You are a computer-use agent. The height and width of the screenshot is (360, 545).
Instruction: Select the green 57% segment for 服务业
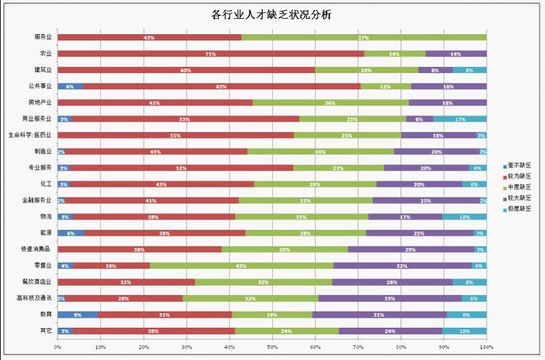[x=364, y=37]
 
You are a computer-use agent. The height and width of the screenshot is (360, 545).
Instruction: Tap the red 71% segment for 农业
[x=211, y=54]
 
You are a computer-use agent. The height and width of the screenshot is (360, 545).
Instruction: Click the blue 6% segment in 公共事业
[x=70, y=86]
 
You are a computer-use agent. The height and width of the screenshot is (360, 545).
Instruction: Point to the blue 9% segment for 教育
[x=78, y=314]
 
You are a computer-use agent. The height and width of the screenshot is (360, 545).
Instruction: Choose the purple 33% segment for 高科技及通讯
[x=390, y=298]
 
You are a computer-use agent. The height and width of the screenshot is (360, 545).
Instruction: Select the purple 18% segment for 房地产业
[x=447, y=103]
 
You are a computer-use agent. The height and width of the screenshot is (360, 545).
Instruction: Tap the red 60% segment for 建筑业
[x=186, y=70]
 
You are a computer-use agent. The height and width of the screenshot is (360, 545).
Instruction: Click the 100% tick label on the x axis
[x=485, y=347]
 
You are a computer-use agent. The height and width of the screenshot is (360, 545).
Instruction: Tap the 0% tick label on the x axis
[x=58, y=347]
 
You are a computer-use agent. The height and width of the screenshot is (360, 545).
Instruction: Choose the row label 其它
[x=45, y=331]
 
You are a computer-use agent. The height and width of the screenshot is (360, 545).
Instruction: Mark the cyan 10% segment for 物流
[x=465, y=217]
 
